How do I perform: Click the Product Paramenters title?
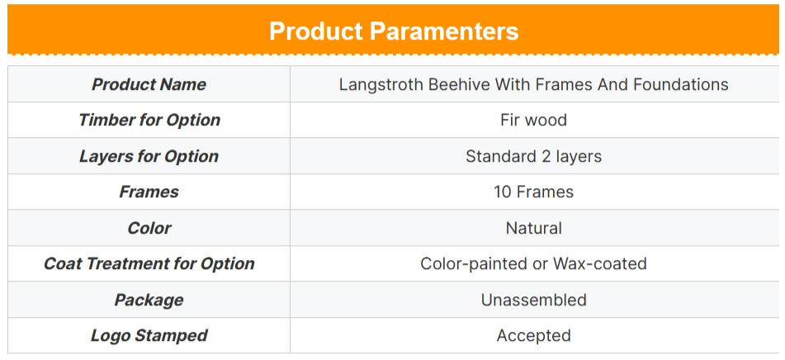pos(394,31)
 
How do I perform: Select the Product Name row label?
pos(149,84)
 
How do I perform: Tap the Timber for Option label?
pos(149,121)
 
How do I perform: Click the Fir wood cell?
pos(534,121)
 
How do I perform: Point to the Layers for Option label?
pos(149,156)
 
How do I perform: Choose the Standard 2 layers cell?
pos(534,156)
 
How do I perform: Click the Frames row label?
pos(149,192)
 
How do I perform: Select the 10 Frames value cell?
pos(534,192)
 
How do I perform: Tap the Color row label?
pos(149,228)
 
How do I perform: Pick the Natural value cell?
pos(534,228)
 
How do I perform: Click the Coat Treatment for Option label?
pos(149,264)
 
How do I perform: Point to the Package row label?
pos(149,300)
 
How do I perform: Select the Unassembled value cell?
pos(534,300)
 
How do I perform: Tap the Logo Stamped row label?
pos(149,335)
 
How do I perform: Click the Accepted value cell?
pos(534,335)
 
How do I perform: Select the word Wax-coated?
pos(600,263)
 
